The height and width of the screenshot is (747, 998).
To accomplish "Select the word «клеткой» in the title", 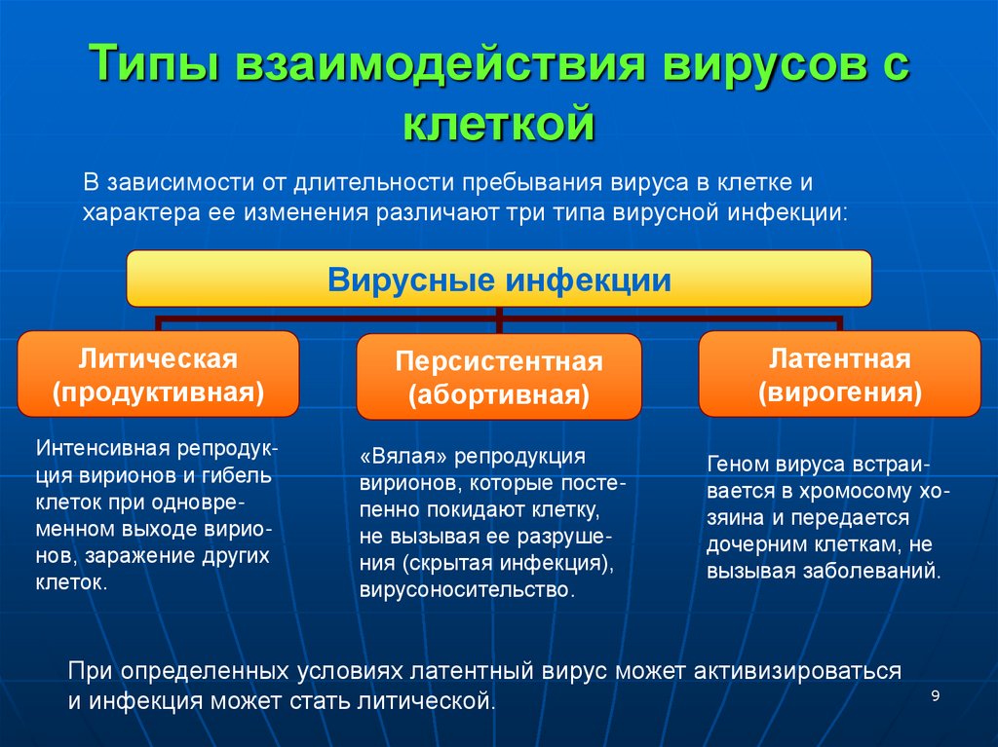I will [x=498, y=125].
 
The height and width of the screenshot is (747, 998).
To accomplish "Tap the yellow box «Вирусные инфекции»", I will [x=499, y=280].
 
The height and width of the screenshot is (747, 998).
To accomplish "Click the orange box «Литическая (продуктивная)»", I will [x=158, y=375].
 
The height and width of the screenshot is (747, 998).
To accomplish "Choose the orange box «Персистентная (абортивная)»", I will [x=498, y=378].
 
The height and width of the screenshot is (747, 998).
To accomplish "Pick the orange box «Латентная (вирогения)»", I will [x=839, y=374].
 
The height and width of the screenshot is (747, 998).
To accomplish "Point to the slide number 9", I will [x=936, y=695].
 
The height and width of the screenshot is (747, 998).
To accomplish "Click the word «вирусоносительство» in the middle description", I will [x=467, y=590].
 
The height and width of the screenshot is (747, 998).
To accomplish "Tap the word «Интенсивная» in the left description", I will [x=105, y=449].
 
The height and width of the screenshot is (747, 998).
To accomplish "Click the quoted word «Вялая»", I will [x=403, y=456].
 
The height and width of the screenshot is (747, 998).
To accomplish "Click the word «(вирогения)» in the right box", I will [x=840, y=392].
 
